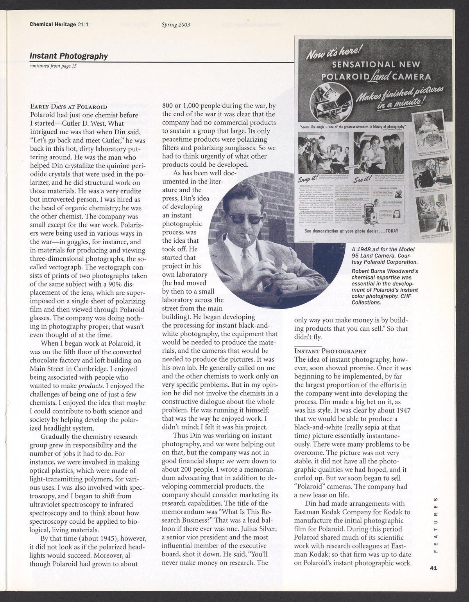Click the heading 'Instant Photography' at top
[68, 56]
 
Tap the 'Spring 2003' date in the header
[175, 24]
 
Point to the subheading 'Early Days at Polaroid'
[68, 106]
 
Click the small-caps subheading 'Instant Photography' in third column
[330, 351]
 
